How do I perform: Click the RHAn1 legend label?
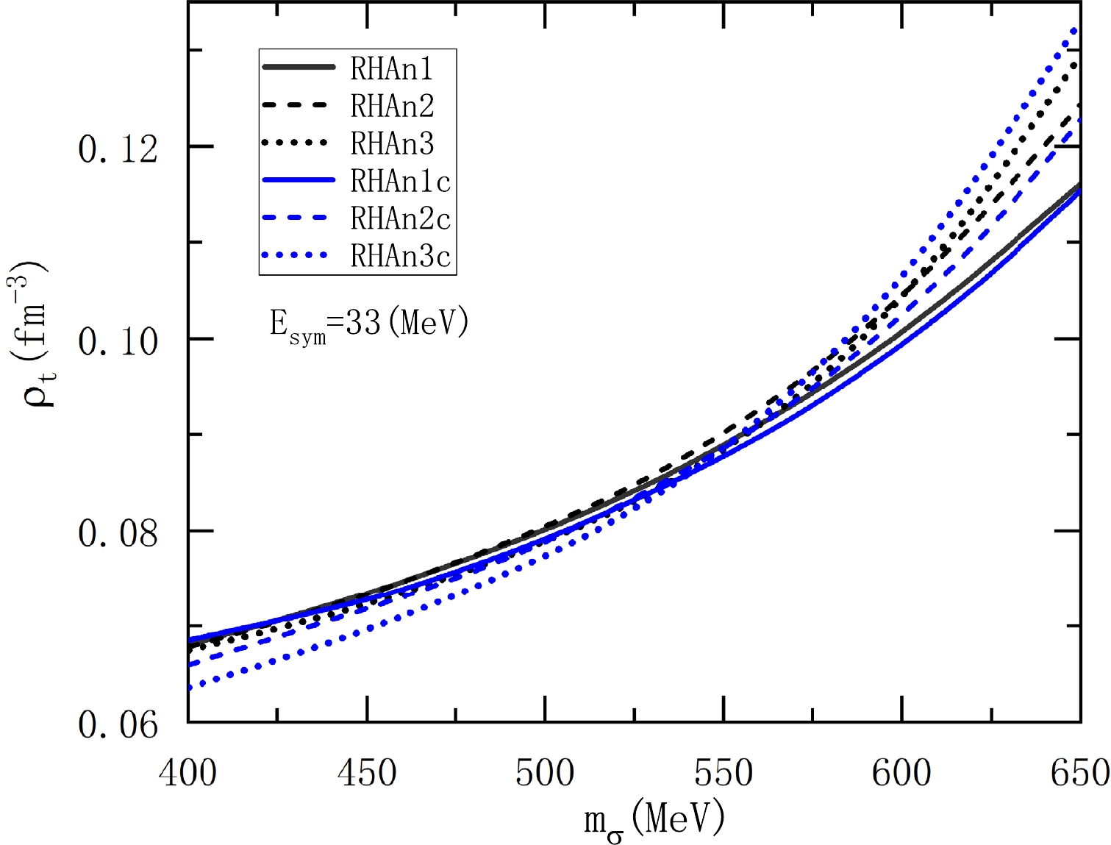(392, 69)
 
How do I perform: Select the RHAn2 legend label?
(392, 107)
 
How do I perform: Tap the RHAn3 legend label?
(392, 144)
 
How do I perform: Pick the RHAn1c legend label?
(400, 182)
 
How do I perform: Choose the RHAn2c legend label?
(400, 219)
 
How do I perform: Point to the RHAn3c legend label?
(400, 257)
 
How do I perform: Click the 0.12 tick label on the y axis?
(118, 150)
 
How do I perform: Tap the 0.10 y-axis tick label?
(118, 342)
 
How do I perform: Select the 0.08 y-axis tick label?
(118, 534)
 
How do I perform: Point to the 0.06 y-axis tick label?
(118, 726)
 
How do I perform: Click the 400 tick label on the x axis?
(188, 773)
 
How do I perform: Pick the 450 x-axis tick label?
(367, 773)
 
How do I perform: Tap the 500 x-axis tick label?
(545, 773)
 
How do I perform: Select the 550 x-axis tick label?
(724, 773)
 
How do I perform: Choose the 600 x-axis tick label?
(901, 773)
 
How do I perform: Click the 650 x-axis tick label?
(1078, 773)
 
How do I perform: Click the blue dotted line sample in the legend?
(296, 256)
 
